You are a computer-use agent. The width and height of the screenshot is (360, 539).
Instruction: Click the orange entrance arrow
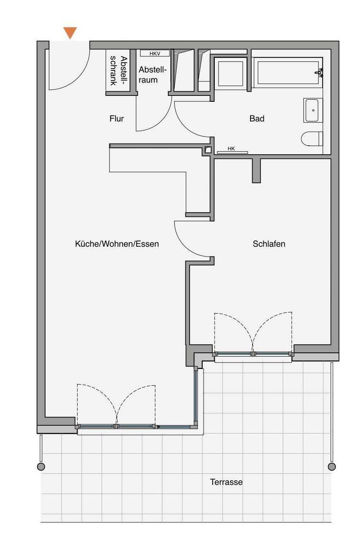[70, 32]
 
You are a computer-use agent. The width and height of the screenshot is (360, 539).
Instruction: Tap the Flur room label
[117, 118]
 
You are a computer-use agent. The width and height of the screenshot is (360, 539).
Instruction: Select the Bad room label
[257, 118]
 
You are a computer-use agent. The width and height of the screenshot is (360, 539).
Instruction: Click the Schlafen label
[269, 244]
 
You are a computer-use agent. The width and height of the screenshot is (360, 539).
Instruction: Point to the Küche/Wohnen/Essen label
[117, 244]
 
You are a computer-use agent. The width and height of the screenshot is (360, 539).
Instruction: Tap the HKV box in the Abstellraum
[155, 53]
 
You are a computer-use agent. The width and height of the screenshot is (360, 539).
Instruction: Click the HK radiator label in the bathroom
[231, 149]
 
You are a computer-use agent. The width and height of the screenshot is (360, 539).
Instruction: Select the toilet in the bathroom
[312, 139]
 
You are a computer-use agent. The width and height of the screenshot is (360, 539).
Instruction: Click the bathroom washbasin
[313, 110]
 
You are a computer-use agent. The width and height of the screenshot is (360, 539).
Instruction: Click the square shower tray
[230, 73]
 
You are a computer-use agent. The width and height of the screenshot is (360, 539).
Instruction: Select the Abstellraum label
[153, 75]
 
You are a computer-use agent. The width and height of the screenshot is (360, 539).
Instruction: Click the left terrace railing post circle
[41, 467]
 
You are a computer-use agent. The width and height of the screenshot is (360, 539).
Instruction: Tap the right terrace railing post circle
[332, 467]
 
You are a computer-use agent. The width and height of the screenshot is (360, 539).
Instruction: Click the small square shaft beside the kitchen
[207, 150]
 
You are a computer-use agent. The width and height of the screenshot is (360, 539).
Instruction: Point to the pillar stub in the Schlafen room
[256, 170]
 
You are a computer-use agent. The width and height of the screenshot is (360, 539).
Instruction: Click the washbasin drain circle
[313, 110]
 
